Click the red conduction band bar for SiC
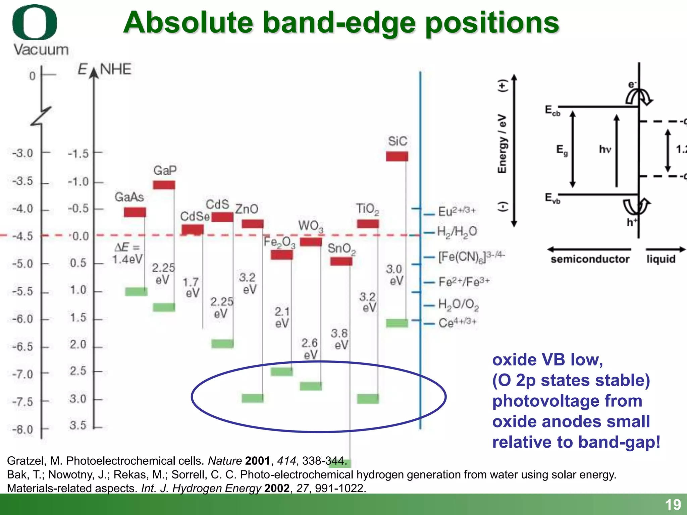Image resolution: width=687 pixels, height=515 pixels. [397, 156]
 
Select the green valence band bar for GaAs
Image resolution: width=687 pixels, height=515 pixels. [136, 291]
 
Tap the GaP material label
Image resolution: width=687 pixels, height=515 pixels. [165, 170]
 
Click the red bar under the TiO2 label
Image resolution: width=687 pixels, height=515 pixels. [368, 224]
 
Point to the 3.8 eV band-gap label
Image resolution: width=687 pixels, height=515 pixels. [339, 339]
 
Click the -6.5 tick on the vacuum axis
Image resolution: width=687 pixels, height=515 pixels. [23, 346]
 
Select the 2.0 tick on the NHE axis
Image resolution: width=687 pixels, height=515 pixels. [78, 344]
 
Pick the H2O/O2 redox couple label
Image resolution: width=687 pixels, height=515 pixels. [458, 304]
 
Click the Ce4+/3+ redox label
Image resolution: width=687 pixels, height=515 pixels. [457, 323]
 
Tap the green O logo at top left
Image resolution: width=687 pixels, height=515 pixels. [35, 22]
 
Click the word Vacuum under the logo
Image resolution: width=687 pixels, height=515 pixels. [41, 50]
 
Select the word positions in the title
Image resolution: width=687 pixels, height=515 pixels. [492, 23]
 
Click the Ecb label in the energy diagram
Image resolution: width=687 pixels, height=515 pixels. [552, 110]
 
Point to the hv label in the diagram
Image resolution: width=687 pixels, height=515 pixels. [605, 149]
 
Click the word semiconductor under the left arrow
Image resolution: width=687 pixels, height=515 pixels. [590, 259]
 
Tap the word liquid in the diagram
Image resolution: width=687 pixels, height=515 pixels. [661, 259]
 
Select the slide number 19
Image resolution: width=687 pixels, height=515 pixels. [673, 505]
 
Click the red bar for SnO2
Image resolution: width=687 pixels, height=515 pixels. [341, 261]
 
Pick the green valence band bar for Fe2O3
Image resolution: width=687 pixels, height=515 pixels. [282, 371]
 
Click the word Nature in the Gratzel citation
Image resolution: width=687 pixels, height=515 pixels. [225, 461]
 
